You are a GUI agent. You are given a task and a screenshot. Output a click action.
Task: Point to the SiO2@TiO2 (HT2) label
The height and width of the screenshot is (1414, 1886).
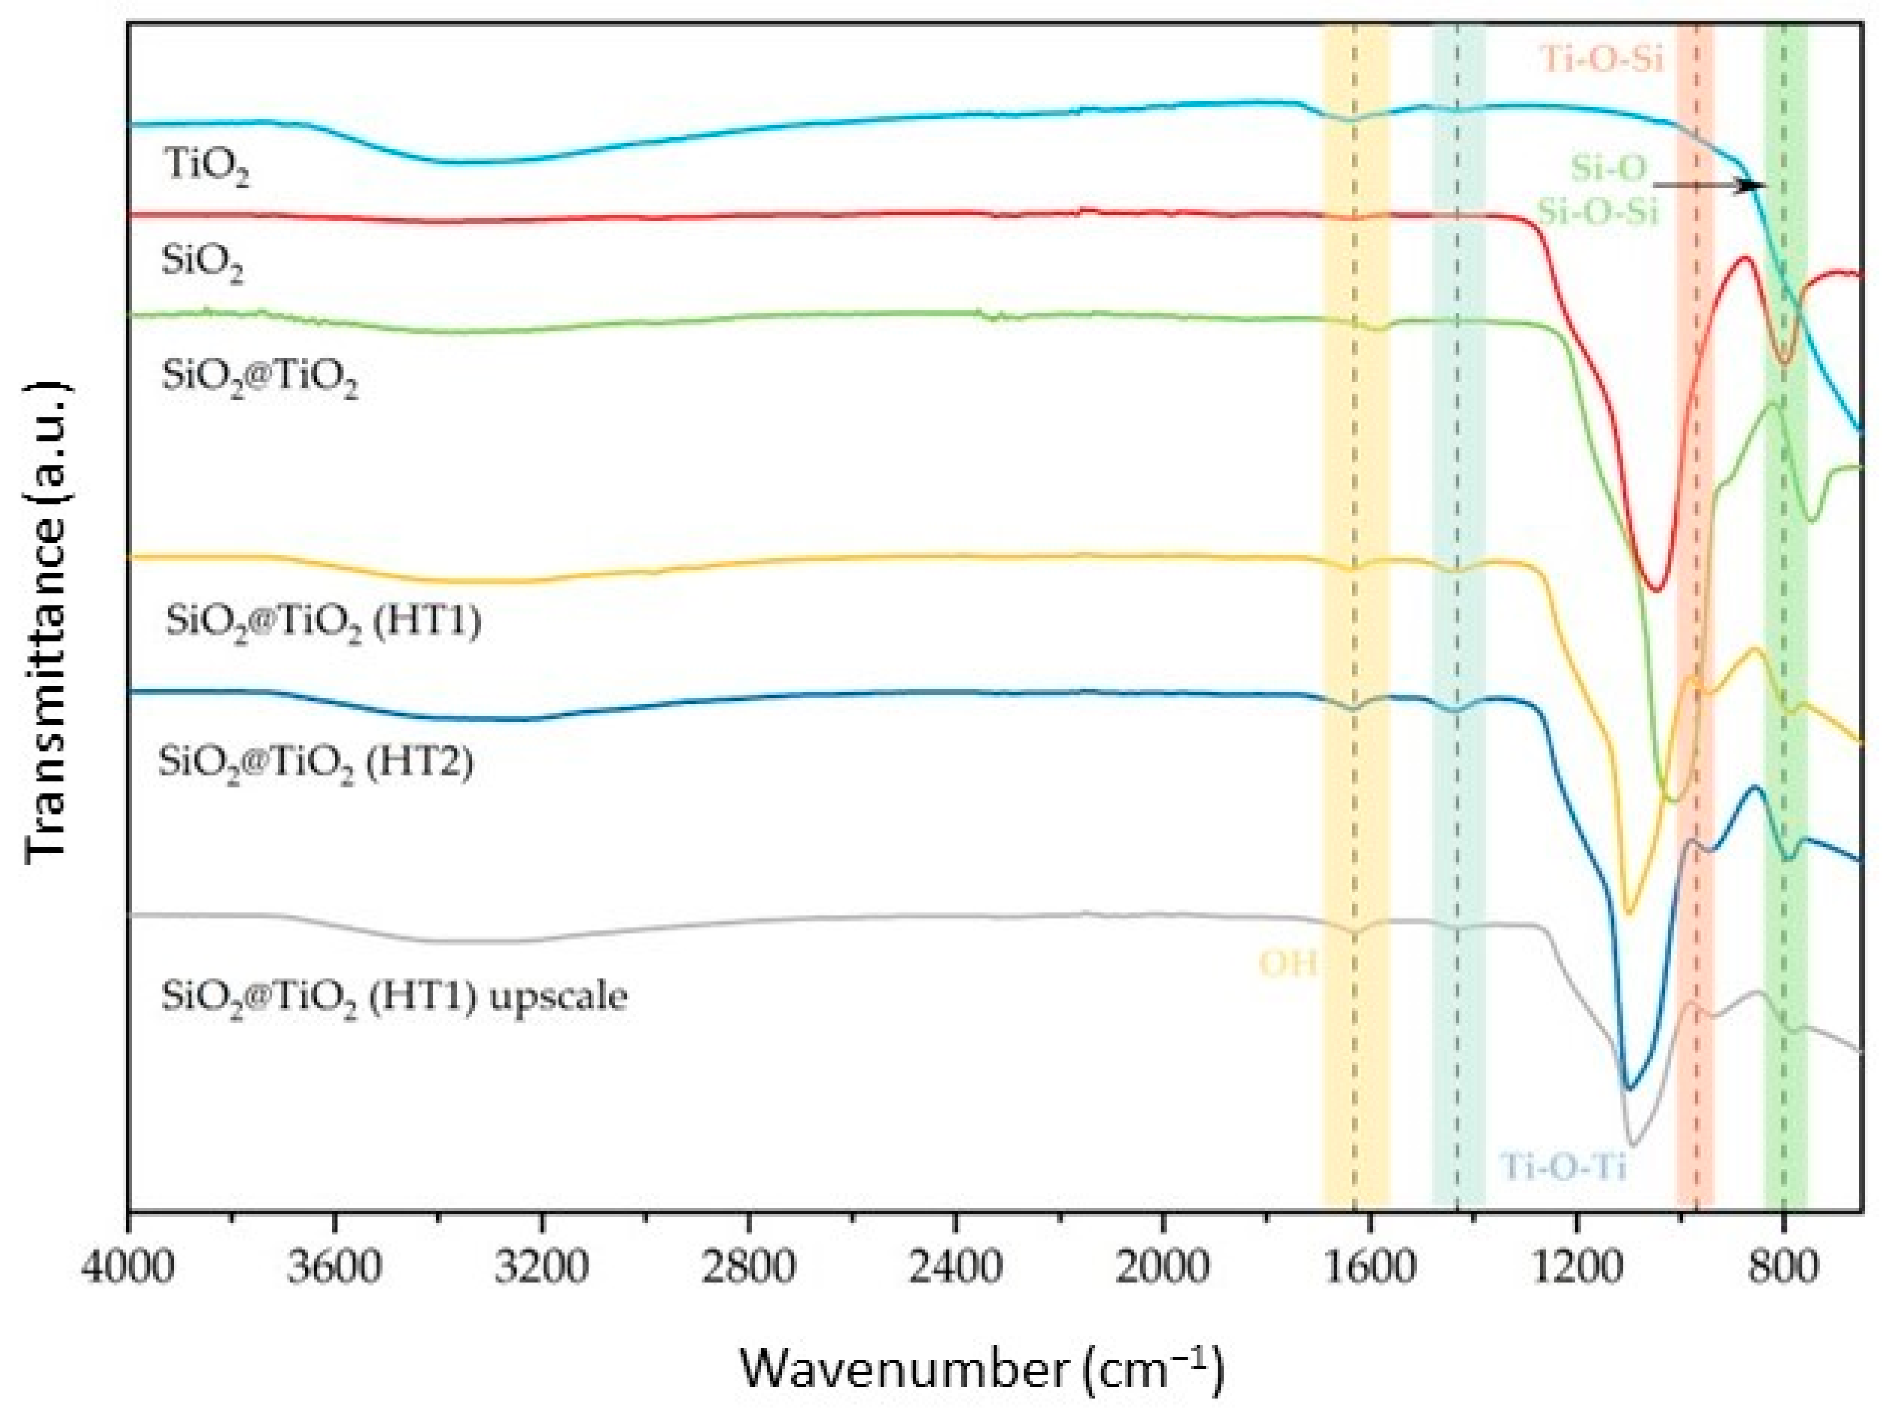coord(315,762)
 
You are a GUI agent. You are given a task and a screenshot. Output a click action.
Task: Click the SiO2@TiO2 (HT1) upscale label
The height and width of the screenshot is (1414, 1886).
coord(394,996)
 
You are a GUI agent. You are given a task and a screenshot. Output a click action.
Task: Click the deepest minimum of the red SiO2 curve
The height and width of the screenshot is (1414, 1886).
coord(1656,589)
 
